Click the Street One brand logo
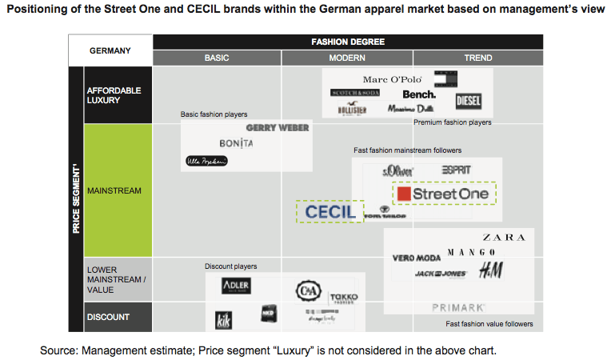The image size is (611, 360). (x=444, y=194)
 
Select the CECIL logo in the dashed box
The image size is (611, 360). (x=329, y=211)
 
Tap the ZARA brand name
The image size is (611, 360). (x=504, y=238)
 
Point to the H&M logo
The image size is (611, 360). (x=490, y=271)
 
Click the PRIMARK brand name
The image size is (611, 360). (x=458, y=307)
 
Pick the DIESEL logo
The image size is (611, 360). (x=468, y=102)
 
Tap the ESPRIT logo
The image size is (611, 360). (x=456, y=170)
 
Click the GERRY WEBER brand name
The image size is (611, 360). (x=278, y=128)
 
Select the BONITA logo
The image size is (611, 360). (x=236, y=143)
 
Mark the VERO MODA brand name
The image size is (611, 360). (x=417, y=258)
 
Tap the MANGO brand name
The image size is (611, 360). (x=466, y=253)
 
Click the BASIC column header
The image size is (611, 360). (x=217, y=58)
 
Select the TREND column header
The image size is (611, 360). (x=478, y=58)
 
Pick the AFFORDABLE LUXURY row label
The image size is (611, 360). (x=114, y=95)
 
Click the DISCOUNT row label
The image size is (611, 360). (x=108, y=317)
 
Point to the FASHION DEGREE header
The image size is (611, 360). (x=347, y=42)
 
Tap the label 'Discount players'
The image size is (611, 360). (x=231, y=266)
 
